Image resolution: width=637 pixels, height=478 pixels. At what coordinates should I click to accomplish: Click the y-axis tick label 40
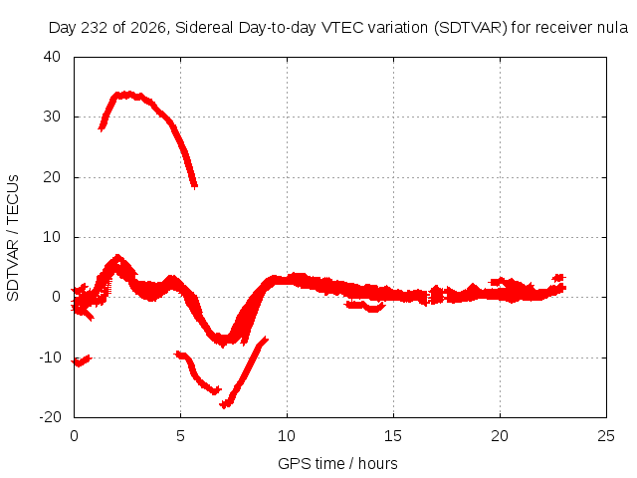(x=52, y=57)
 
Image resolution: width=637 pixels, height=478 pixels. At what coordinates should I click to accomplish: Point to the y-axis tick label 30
(x=52, y=117)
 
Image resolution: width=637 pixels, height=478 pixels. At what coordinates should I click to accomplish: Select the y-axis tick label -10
(x=50, y=358)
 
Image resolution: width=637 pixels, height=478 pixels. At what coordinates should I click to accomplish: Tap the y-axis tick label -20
(x=50, y=417)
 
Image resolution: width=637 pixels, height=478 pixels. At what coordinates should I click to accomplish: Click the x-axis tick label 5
(x=180, y=436)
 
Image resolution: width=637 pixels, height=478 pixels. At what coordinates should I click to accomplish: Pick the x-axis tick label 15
(x=393, y=436)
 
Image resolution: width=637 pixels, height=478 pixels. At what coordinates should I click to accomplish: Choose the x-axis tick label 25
(x=606, y=436)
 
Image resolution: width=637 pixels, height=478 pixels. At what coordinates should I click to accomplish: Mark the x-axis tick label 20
(x=500, y=436)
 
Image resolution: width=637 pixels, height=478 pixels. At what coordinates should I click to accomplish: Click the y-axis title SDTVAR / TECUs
(x=13, y=238)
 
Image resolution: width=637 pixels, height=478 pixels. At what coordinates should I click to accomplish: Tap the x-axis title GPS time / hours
(x=337, y=463)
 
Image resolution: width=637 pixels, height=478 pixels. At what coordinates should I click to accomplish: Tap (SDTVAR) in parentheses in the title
(x=471, y=28)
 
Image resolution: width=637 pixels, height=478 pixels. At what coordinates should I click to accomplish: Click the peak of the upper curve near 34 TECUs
(x=128, y=95)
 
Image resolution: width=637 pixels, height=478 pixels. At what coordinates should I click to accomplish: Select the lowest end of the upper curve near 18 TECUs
(x=195, y=186)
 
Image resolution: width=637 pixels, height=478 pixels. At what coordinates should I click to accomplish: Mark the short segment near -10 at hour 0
(x=81, y=360)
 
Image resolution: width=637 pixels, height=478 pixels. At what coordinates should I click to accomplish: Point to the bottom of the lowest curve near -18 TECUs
(x=225, y=404)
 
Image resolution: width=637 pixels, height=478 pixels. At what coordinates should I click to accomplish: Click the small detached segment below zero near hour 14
(x=365, y=306)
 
